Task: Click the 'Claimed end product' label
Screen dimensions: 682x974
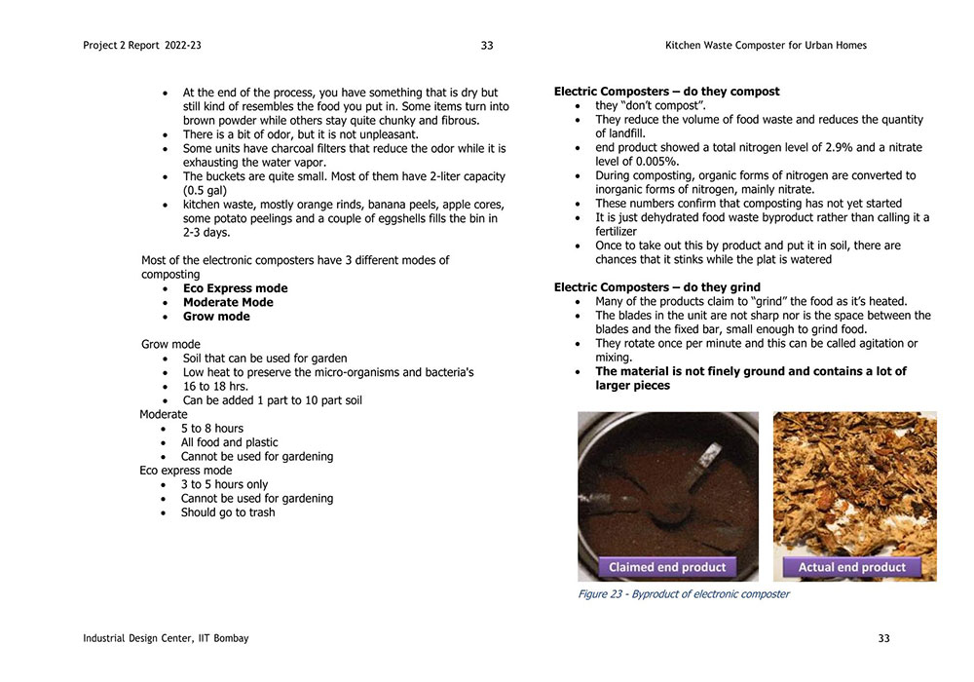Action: tap(667, 567)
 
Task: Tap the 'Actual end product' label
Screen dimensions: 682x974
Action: tap(852, 567)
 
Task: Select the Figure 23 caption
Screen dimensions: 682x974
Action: tap(684, 594)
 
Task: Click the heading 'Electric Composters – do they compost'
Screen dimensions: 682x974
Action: tap(666, 92)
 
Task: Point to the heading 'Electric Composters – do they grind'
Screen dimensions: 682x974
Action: tap(657, 287)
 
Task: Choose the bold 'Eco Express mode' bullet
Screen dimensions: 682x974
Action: tap(235, 288)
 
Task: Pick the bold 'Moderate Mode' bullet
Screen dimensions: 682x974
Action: tap(228, 302)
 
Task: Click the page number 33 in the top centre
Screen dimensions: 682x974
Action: tap(487, 46)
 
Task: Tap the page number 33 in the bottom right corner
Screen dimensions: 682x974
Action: tap(883, 638)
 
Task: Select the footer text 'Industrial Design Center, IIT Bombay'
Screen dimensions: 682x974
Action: tap(166, 638)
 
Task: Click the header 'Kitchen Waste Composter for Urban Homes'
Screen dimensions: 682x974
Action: tap(766, 46)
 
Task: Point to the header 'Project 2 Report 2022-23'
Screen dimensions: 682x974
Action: tap(142, 46)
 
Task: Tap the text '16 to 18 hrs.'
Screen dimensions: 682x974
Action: tap(215, 387)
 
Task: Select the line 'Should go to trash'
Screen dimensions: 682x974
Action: tap(228, 512)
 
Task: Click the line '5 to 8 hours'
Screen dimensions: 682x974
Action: tap(212, 429)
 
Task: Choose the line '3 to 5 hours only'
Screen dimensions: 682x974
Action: tap(224, 484)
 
